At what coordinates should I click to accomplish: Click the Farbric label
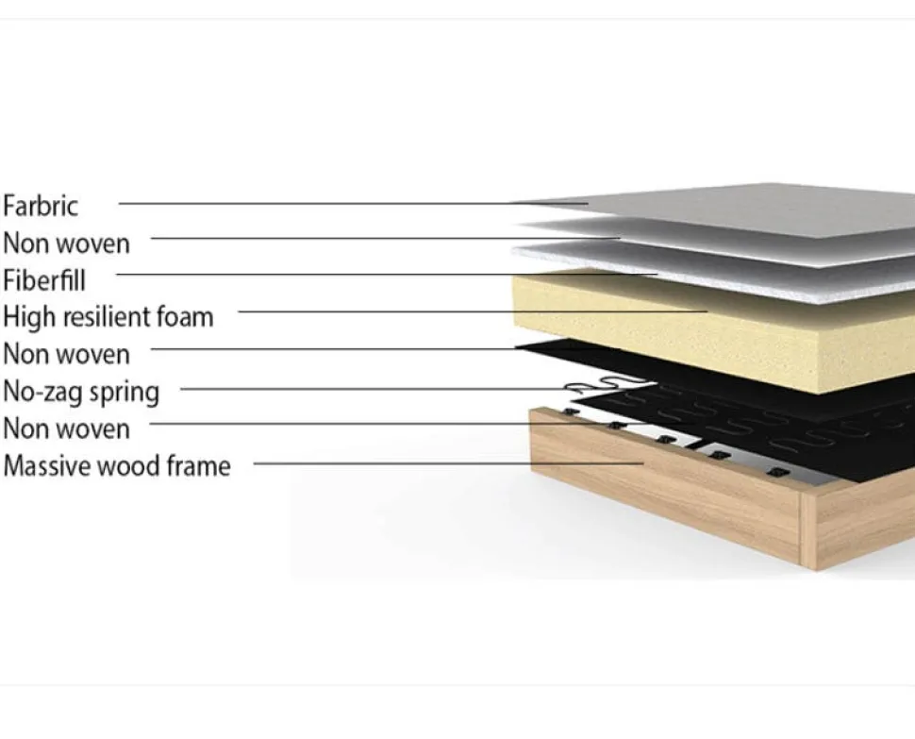point(41,206)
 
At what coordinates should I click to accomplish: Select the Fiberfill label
point(44,280)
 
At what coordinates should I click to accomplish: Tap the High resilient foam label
point(108,317)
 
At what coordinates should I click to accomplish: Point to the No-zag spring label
point(81,392)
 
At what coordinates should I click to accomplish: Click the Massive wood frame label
point(117,466)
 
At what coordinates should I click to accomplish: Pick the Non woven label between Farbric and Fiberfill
point(67,244)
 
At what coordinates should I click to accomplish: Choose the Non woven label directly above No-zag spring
point(67,354)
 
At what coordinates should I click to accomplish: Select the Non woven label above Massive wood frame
point(67,429)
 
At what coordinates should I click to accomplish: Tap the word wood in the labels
point(129,466)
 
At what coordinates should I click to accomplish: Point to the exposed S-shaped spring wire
point(607,385)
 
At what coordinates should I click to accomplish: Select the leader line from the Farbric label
point(354,204)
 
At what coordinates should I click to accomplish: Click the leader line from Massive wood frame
point(449,464)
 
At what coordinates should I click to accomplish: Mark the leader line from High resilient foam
point(473,311)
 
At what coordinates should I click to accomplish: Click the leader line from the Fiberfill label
point(387,274)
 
